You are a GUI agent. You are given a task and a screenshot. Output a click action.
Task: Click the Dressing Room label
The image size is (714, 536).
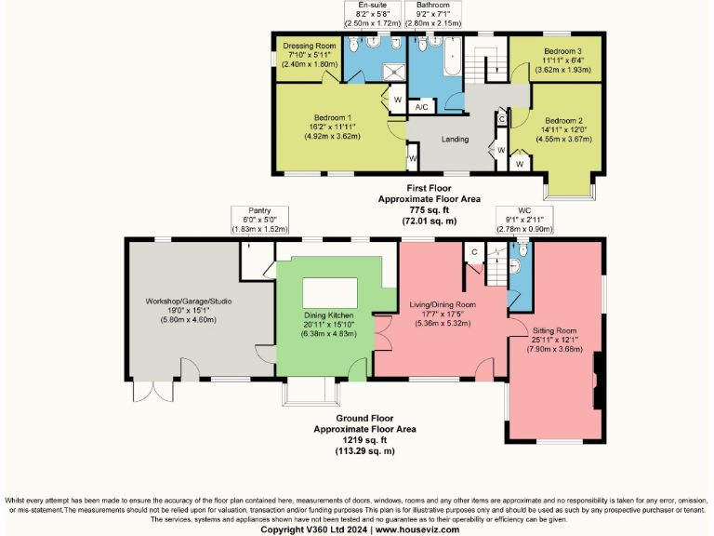[x=310, y=46]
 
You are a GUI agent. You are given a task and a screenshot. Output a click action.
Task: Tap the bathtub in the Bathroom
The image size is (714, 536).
[x=452, y=59]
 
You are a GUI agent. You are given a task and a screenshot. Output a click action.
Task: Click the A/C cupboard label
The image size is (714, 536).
[x=421, y=108]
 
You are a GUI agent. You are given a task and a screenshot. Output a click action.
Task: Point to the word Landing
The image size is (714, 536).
[x=455, y=139]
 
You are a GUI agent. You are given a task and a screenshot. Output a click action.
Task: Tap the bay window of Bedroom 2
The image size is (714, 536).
[x=569, y=186]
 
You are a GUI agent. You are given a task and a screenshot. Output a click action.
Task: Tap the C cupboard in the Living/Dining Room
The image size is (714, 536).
[x=473, y=251]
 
